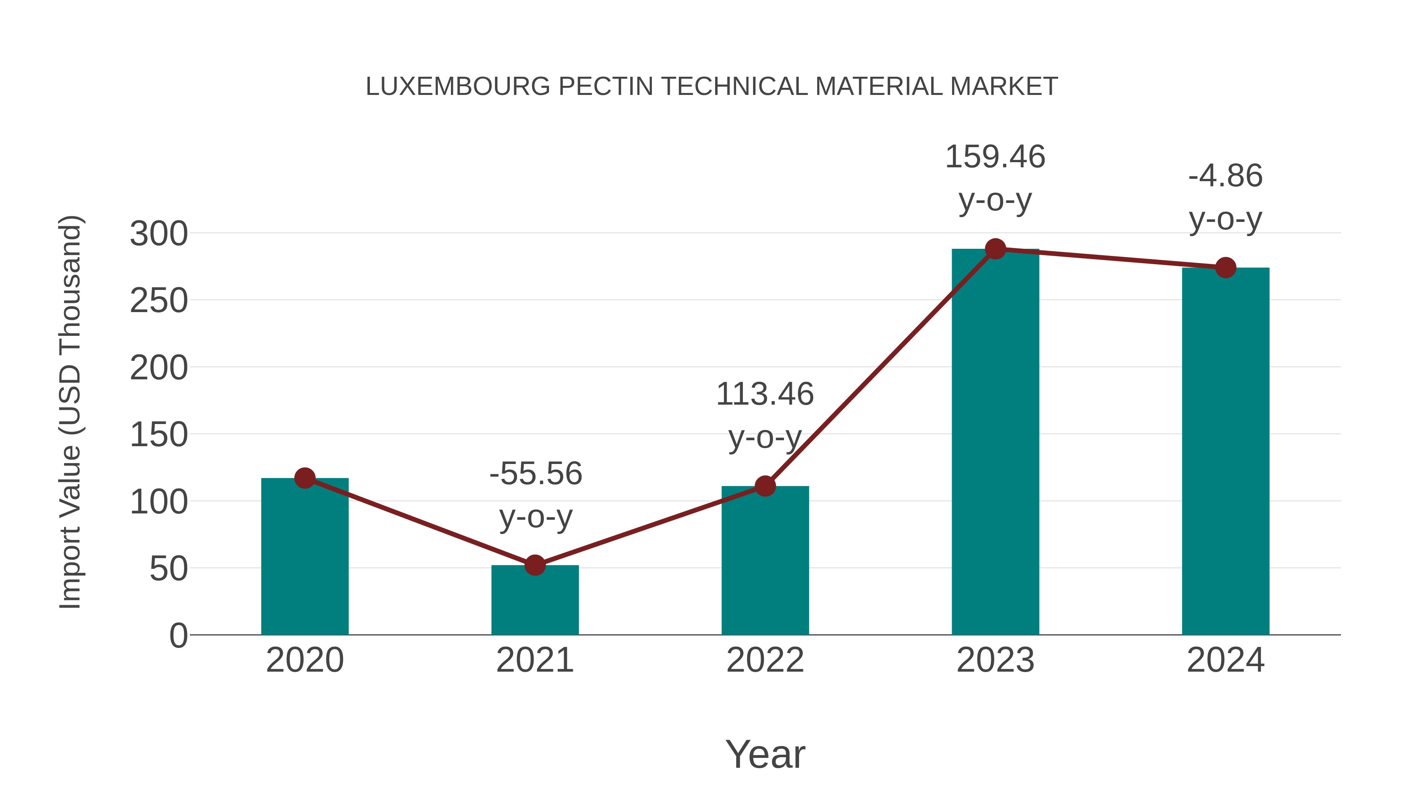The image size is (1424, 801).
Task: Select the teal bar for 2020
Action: (x=305, y=558)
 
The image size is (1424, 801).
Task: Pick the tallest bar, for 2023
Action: (x=995, y=442)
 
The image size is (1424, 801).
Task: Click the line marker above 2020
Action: (x=305, y=478)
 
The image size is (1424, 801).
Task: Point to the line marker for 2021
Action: (x=534, y=565)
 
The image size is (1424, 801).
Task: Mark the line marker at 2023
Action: (x=995, y=249)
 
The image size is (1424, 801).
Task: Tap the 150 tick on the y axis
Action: (x=159, y=435)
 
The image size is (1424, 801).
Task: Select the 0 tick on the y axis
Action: (x=178, y=636)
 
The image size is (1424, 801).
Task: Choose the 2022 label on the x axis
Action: (x=765, y=661)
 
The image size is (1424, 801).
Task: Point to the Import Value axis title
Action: (x=70, y=412)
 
